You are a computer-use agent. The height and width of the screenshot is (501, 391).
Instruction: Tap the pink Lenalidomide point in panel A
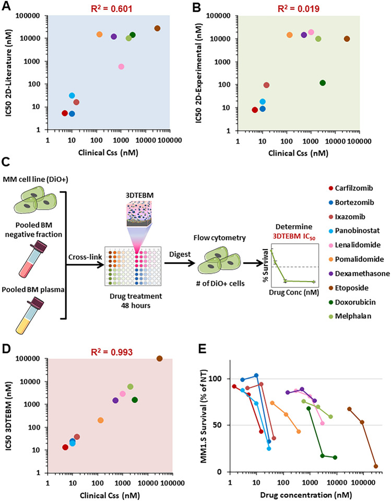point(121,67)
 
